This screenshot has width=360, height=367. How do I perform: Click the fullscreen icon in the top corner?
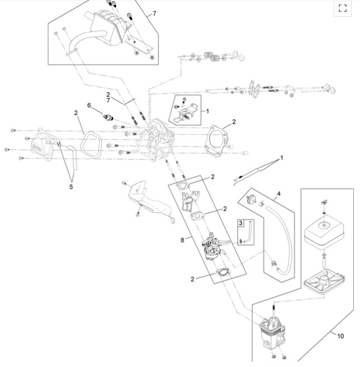click(x=343, y=8)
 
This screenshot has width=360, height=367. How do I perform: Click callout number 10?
click(x=340, y=336)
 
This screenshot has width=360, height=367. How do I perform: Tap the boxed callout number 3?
click(x=241, y=223)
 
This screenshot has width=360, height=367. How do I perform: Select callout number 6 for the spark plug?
click(x=89, y=105)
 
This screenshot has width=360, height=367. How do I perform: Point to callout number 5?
click(x=71, y=187)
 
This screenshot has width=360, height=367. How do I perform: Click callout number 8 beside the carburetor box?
click(x=182, y=240)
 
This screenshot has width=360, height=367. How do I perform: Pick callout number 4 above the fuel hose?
click(x=278, y=194)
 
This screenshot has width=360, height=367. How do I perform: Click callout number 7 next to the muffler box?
click(x=154, y=13)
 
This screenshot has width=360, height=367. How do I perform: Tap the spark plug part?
click(x=108, y=117)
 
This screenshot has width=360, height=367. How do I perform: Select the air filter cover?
click(x=324, y=234)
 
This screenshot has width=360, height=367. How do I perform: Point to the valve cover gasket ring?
click(x=91, y=145)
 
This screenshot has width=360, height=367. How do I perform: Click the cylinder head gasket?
click(x=216, y=141)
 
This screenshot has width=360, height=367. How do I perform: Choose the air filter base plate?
click(x=324, y=281)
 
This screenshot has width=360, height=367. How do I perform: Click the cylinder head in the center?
click(x=155, y=140)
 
